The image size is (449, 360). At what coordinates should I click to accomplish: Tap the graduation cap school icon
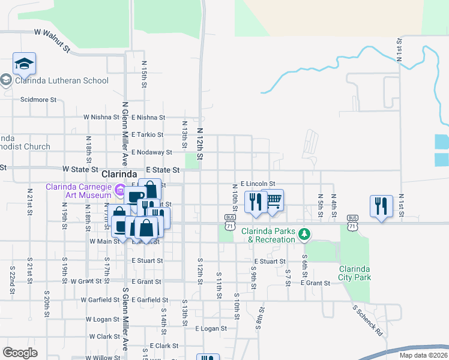tap(24, 64)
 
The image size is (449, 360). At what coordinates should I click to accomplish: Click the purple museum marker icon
tap(120, 191)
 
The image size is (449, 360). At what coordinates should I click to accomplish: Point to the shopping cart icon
tap(273, 200)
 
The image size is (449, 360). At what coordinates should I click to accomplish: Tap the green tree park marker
tap(305, 233)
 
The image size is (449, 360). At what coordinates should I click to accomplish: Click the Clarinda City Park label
tap(355, 273)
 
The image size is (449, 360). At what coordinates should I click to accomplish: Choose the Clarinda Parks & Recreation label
tap(268, 235)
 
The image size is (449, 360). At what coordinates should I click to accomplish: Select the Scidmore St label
tap(38, 100)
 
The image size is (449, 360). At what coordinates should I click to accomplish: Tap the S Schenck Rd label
tap(367, 319)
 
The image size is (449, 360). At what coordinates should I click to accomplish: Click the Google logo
tap(20, 353)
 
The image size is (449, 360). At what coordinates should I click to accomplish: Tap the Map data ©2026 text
tap(423, 355)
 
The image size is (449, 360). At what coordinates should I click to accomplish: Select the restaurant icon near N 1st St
tap(382, 206)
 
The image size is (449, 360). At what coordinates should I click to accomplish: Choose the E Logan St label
tap(211, 328)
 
